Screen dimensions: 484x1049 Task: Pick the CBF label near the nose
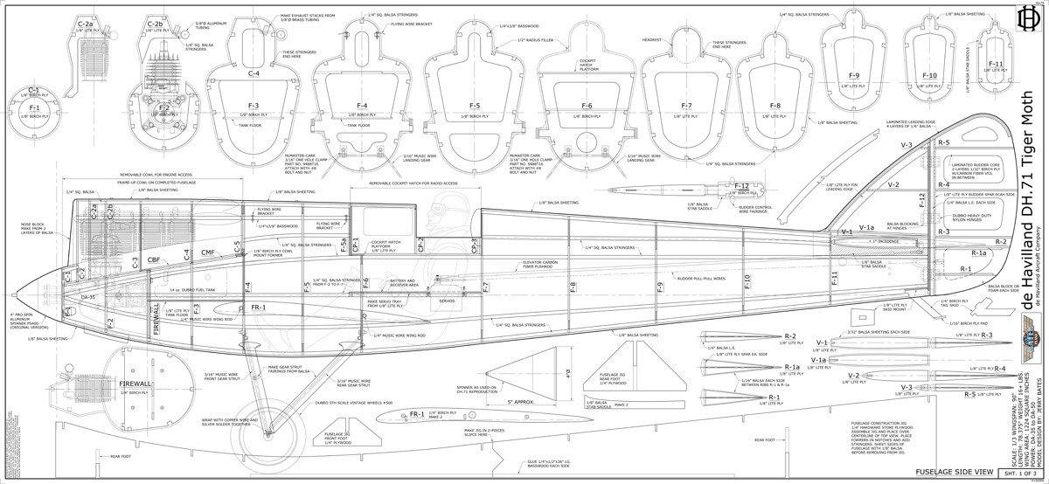(154, 260)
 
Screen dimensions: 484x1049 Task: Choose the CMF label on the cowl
(208, 253)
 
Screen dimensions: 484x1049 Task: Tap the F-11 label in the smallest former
(996, 64)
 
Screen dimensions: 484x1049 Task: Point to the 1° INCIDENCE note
(885, 240)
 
